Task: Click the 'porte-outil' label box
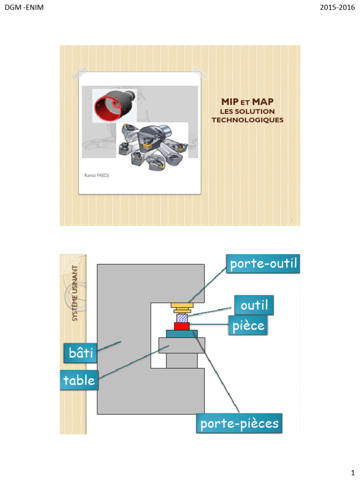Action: pos(263,264)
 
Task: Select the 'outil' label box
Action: pos(254,306)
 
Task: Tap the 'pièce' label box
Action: pos(248,325)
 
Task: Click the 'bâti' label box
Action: pos(80,353)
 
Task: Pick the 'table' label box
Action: pos(79,380)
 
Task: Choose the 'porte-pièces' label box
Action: pos(240,424)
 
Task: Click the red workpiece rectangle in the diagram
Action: pos(182,326)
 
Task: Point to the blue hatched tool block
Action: pos(182,318)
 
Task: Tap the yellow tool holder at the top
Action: pos(182,306)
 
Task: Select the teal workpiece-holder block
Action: pos(182,334)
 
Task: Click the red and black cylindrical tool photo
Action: pos(114,105)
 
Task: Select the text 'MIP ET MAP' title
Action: pos(247,102)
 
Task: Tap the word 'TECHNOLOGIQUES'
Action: pos(247,120)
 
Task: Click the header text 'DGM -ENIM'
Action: pos(24,7)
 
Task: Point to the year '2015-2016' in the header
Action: pos(337,7)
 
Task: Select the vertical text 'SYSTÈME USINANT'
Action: pos(75,293)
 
